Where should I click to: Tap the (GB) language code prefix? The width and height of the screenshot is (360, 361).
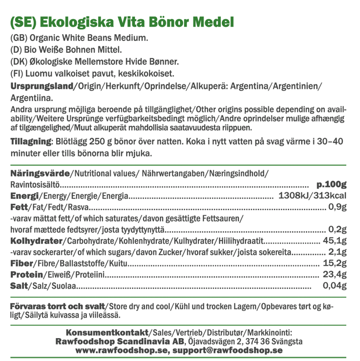[x=19, y=38]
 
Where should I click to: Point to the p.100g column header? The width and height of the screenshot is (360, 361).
[x=332, y=185]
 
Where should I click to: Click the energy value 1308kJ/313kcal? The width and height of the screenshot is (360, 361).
[x=312, y=197]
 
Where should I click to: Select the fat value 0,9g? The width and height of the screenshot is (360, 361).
[x=338, y=208]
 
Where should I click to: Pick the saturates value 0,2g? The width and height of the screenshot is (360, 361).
[x=338, y=230]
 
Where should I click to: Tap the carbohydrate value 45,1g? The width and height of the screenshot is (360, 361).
[x=335, y=241]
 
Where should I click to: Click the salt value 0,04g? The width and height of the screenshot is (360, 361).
[x=335, y=286]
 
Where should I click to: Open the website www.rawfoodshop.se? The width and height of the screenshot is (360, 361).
[x=122, y=351]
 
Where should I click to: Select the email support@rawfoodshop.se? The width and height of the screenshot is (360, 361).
[x=228, y=351]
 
